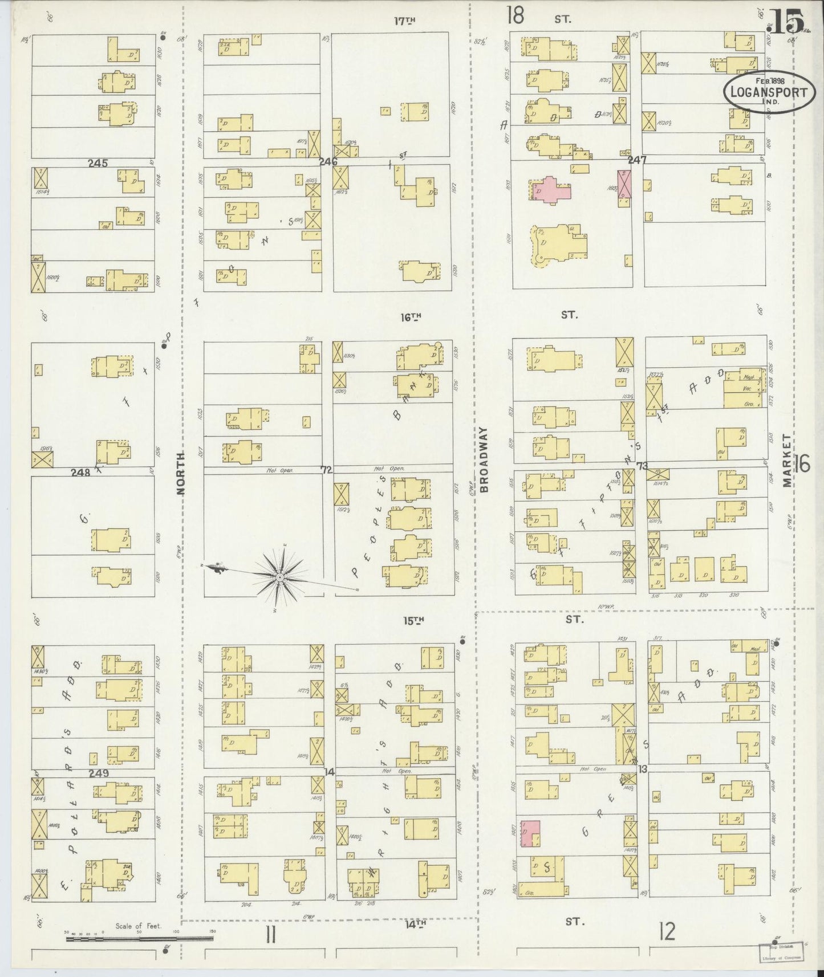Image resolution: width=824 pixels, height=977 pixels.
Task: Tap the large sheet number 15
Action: pos(788,22)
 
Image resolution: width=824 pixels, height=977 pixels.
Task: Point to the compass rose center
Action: pos(280,577)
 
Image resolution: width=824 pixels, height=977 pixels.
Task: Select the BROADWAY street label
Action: pos(485,459)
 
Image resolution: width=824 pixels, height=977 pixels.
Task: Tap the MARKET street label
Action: pos(787,461)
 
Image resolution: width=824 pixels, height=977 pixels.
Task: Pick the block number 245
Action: pos(98,163)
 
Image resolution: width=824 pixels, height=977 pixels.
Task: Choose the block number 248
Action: pos(80,472)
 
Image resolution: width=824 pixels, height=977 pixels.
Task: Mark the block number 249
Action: pos(99,774)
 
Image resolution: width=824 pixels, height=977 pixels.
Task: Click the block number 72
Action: pos(326,470)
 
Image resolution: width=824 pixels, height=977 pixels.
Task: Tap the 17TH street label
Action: pos(404,21)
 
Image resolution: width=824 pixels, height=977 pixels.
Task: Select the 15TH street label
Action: pos(414,620)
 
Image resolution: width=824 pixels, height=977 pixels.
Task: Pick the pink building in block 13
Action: pos(530,833)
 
